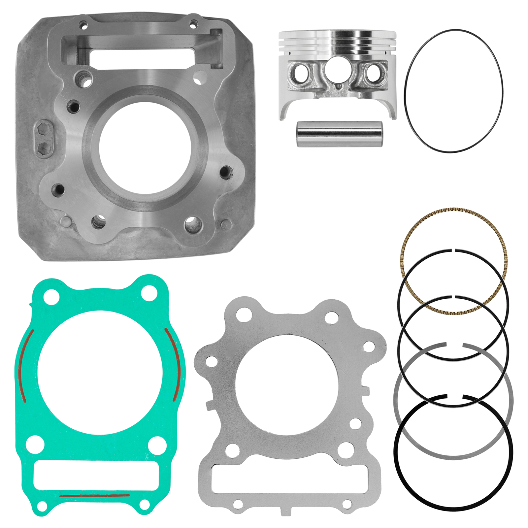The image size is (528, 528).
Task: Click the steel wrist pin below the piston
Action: [339, 134]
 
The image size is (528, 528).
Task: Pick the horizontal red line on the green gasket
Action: [95, 495]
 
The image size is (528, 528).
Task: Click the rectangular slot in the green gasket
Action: [96, 475]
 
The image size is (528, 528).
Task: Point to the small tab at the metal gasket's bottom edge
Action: [286, 511]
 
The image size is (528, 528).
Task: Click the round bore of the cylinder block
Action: [145, 148]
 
